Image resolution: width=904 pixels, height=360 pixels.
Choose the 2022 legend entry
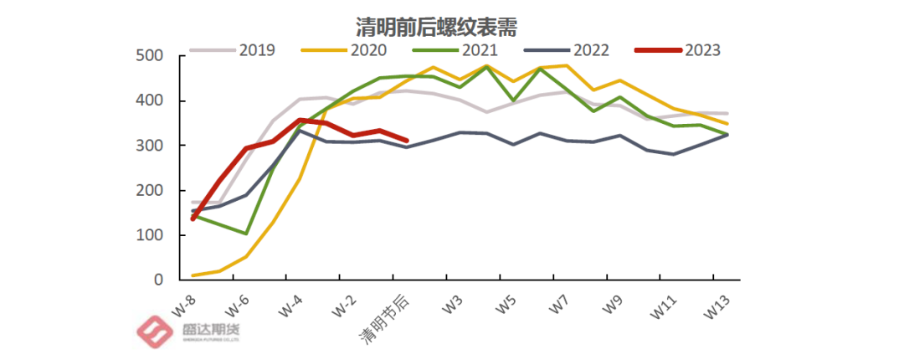(590, 50)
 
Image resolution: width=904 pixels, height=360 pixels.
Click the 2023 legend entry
(701, 50)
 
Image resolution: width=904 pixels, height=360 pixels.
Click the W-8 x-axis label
(187, 306)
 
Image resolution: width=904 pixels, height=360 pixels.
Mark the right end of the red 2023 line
(406, 141)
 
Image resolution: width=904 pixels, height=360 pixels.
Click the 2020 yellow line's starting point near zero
(193, 275)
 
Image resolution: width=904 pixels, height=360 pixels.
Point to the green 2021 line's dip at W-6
(246, 234)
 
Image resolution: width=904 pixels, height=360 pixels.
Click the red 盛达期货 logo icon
(154, 332)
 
